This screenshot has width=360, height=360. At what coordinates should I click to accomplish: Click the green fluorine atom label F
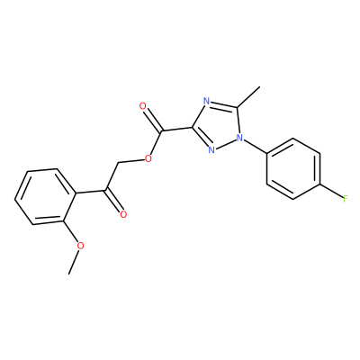(x=346, y=198)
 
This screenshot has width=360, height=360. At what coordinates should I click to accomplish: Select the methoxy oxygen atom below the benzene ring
(x=80, y=246)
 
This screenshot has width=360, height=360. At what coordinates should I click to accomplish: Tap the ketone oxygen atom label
(x=123, y=214)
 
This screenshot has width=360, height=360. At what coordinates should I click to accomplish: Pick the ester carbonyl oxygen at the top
(x=143, y=106)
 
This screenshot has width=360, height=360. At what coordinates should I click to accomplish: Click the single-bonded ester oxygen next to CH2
(x=148, y=158)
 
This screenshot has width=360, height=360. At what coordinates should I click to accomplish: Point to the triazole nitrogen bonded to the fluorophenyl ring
(x=239, y=138)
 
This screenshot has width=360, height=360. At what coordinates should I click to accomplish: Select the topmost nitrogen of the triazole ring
(x=206, y=101)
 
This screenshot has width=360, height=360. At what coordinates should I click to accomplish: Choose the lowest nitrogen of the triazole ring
(x=211, y=149)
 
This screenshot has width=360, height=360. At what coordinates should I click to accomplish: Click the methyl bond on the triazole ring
(x=248, y=97)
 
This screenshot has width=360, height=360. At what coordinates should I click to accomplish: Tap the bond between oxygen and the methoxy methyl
(x=74, y=262)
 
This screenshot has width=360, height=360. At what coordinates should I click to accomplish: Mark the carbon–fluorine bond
(x=331, y=191)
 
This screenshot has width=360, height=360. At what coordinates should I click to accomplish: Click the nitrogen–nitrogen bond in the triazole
(x=225, y=143)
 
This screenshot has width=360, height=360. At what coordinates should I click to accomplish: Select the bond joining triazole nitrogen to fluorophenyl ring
(x=255, y=146)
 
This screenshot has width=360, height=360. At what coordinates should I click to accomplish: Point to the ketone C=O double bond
(x=113, y=201)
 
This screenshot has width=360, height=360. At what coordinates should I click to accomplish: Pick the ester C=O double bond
(x=153, y=119)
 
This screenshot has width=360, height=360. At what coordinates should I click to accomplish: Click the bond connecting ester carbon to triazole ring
(x=176, y=130)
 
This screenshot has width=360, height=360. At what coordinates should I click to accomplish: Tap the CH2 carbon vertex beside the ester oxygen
(x=119, y=163)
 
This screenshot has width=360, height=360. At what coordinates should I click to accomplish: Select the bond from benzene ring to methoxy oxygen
(x=70, y=231)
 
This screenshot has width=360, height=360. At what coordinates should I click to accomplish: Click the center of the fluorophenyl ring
(x=293, y=168)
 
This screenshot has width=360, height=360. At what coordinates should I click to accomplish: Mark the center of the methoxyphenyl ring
(x=45, y=196)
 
